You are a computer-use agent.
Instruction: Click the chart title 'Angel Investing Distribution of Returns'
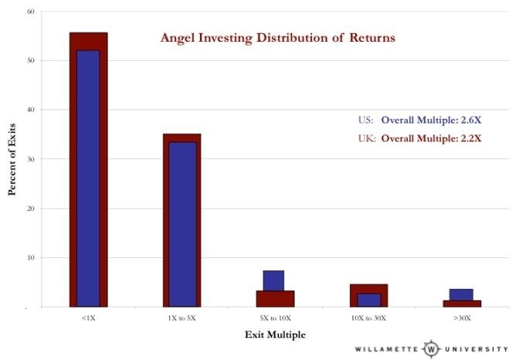pos(278,37)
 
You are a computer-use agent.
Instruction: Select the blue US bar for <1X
pos(88,178)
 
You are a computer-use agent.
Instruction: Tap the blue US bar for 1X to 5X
pos(182,224)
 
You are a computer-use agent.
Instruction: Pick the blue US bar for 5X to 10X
pos(274,280)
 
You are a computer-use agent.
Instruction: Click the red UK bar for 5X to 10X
pos(274,298)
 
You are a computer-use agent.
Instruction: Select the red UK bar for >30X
pos(461,303)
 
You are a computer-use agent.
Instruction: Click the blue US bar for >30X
pos(461,294)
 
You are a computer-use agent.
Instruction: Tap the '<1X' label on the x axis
pos(88,317)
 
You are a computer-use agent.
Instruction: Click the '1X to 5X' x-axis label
pos(182,317)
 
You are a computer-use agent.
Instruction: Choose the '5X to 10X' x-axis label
pos(275,317)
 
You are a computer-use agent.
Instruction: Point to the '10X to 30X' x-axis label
pos(368,317)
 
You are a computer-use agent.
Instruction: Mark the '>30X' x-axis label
pos(461,317)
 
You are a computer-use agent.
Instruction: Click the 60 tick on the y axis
pos(30,12)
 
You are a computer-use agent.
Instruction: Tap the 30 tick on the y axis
pos(30,159)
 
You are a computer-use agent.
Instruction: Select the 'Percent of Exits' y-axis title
pos(12,160)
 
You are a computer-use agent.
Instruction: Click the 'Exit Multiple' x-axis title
pos(275,335)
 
